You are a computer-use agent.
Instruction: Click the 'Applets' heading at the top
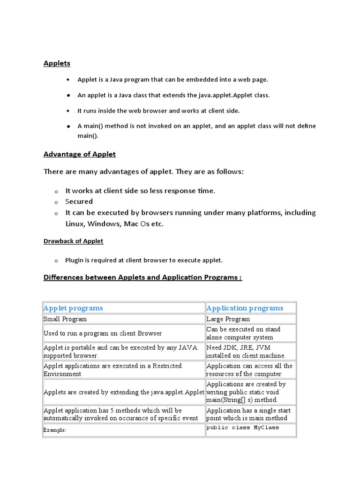[57, 63]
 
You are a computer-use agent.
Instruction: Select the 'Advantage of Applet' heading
[79, 154]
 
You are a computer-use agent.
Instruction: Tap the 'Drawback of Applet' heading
[73, 241]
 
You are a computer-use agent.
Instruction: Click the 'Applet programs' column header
[73, 308]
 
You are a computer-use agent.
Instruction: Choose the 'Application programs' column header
[245, 308]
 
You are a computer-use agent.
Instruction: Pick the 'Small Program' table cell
[65, 319]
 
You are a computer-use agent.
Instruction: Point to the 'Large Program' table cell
[228, 319]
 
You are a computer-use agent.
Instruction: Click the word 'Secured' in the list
[79, 202]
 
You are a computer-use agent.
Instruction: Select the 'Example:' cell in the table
[55, 430]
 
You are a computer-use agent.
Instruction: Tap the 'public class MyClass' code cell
[242, 427]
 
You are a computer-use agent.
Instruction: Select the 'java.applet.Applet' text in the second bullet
[226, 95]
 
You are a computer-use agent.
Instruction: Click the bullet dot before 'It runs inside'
[68, 111]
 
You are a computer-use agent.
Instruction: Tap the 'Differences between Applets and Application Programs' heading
[142, 277]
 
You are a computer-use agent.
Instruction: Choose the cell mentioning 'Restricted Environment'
[112, 370]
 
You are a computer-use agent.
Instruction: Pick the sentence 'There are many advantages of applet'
[143, 172]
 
